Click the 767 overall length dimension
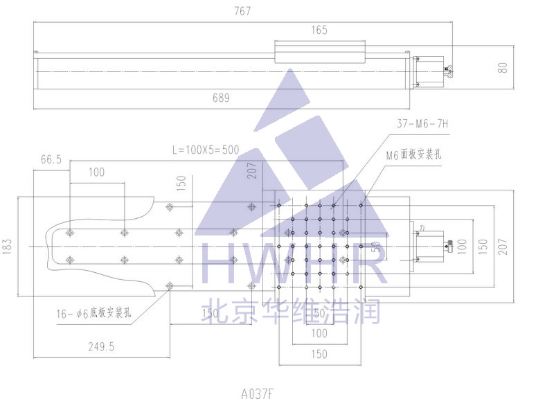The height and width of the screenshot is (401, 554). coord(242,11)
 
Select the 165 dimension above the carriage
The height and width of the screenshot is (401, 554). coord(319,30)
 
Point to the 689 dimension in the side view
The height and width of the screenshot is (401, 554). coord(221,98)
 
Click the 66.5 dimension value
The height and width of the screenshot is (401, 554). coord(51,159)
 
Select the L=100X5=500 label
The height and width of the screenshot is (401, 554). coord(205,150)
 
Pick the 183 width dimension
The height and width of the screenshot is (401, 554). coord(8,247)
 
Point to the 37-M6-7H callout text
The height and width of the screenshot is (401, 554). coord(424,124)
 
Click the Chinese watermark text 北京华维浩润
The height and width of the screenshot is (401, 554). coord(291,310)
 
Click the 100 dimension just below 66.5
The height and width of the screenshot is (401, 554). coord(96,172)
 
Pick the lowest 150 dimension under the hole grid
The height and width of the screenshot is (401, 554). coord(319,355)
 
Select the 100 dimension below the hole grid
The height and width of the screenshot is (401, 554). coord(319,334)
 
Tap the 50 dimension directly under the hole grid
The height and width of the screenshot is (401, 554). coord(319,314)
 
